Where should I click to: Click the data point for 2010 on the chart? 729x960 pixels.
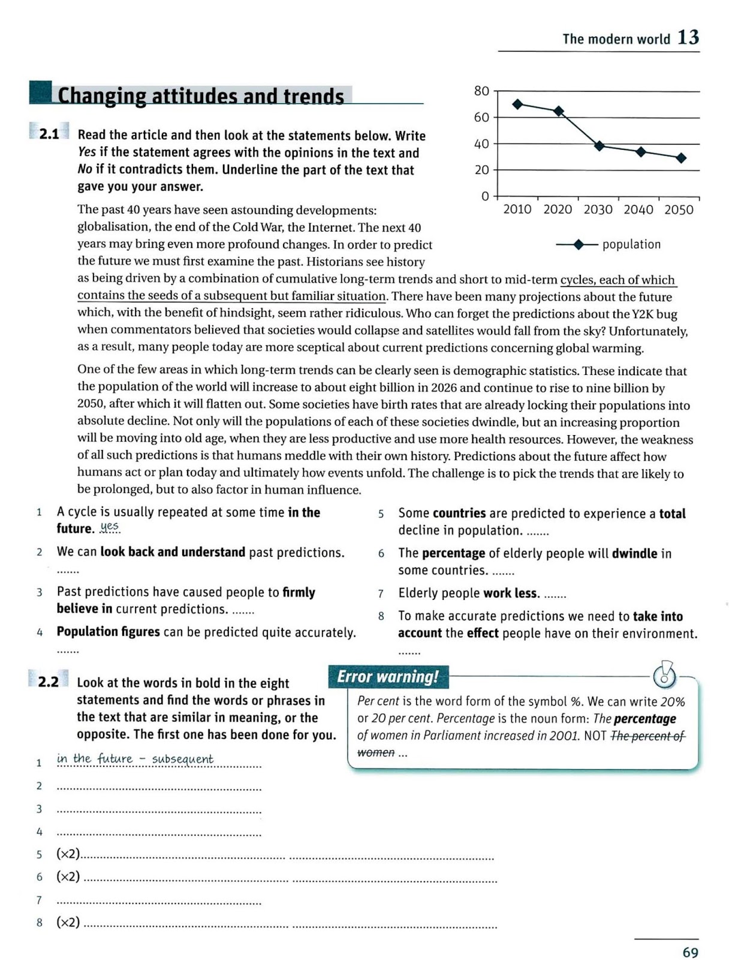coord(518,104)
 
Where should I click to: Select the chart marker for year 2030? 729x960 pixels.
coord(599,146)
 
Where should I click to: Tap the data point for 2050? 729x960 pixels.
coord(681,158)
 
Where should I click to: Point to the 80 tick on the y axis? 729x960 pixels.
coord(481,91)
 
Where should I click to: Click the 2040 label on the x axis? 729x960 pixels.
coord(638,209)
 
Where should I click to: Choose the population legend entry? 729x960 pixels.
coord(608,244)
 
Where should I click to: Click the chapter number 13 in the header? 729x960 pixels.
coord(688,38)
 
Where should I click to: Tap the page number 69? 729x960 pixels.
coord(690,952)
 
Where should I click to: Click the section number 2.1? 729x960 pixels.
coord(49,134)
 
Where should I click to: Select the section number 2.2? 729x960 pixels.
coord(49,682)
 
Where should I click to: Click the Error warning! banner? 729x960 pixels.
coord(387,677)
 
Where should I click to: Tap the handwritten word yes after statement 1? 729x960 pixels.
coord(110,527)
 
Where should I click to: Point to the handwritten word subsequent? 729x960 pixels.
coord(182,759)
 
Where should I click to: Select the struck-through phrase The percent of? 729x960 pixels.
coord(647,736)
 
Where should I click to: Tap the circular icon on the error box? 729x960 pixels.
coord(664,676)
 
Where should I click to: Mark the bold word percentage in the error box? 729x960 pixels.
coord(645,719)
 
